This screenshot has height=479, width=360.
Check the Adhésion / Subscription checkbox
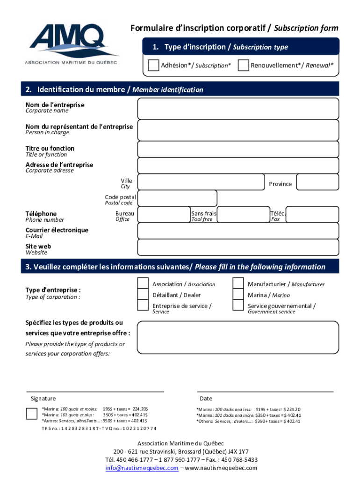click(153, 65)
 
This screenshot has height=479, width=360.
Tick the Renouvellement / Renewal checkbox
click(243, 65)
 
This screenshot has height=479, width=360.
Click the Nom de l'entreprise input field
click(238, 109)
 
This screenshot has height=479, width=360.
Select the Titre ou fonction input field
click(238, 149)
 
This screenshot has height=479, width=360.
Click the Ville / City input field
click(202, 182)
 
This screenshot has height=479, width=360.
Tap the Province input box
click(318, 182)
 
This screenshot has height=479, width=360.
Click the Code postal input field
click(178, 198)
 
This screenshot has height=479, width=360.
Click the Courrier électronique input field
click(238, 231)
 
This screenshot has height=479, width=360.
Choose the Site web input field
click(238, 247)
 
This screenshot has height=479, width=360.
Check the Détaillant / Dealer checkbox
click(143, 295)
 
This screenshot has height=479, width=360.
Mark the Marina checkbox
click(238, 295)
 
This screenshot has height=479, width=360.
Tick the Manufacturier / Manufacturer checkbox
click(238, 283)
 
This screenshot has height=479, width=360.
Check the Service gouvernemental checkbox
click(238, 306)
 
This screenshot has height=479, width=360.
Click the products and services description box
click(238, 337)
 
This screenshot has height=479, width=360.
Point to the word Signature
click(43, 399)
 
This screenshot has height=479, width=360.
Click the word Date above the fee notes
click(206, 399)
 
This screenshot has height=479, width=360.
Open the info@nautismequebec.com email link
click(142, 468)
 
